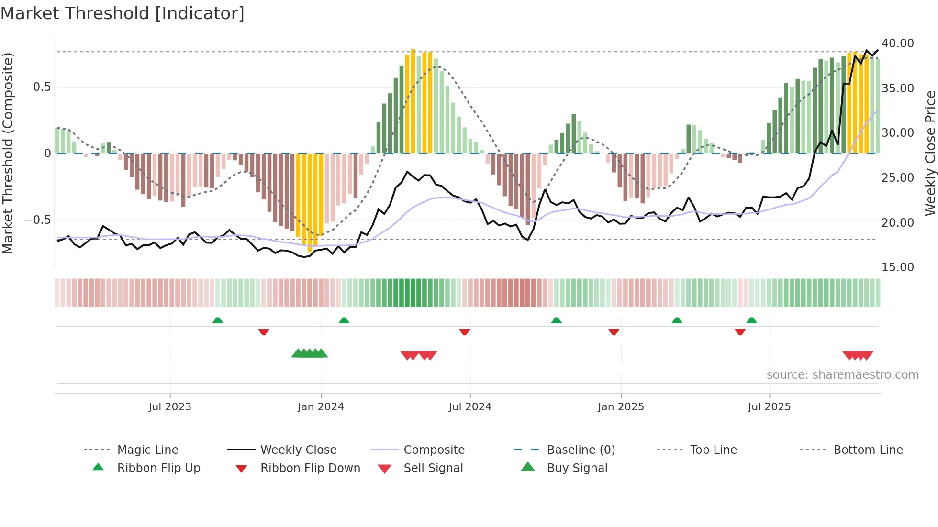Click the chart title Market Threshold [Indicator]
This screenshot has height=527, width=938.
pos(123,13)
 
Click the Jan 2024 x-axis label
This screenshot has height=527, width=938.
pos(321,407)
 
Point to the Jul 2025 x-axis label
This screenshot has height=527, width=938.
pos(769,407)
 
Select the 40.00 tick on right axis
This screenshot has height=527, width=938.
pos(897,44)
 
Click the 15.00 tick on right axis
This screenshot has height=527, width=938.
pos(897,267)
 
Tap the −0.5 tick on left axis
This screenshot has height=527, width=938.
pos(37,220)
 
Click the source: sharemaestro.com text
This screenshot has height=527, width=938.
pos(842,375)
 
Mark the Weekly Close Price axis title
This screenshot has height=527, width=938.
pos(930,153)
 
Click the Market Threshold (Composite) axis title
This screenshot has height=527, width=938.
pos(8,153)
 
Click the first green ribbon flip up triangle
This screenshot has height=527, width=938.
pos(218,320)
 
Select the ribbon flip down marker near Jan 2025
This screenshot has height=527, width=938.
pos(614,332)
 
